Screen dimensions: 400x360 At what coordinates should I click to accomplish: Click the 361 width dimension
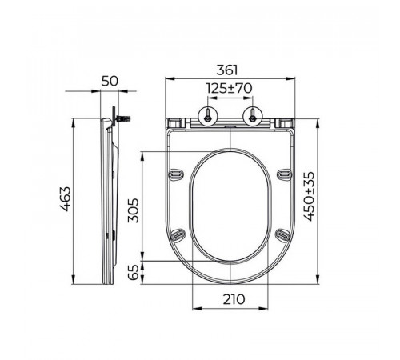pos(226,70)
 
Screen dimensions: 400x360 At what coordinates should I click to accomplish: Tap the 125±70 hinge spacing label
pos(230,88)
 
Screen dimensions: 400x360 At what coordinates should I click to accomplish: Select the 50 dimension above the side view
pos(110,81)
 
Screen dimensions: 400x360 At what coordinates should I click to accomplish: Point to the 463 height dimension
pos(66,199)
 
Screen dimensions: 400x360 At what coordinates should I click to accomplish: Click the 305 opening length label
pos(134,210)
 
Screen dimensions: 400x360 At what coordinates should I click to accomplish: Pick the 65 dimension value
pos(134,272)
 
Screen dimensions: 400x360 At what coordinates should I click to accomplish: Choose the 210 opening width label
pos(234,299)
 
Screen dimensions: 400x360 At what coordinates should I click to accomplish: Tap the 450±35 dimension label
pos(310,197)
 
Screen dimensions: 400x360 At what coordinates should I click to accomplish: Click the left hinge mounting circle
pos(208,117)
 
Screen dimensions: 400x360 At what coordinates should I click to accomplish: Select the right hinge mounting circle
pos(252,117)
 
